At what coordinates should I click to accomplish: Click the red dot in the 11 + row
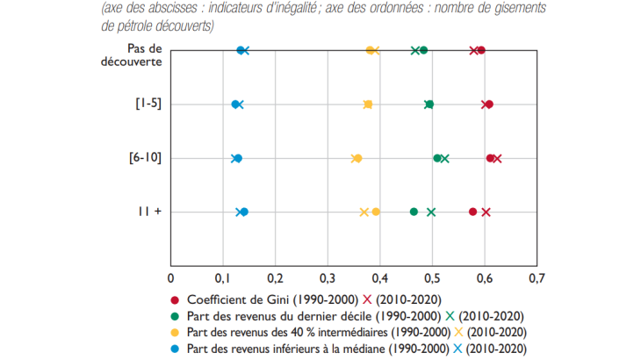tap(473, 212)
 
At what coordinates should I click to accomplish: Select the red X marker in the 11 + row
tap(486, 212)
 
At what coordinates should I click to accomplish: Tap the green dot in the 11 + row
tap(414, 212)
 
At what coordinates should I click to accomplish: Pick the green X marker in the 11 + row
tap(431, 212)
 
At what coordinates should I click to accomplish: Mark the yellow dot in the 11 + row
tap(376, 212)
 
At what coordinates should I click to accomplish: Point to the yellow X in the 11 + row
tap(364, 212)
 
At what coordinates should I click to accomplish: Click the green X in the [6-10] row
tap(445, 158)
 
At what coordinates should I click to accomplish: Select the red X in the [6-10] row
tap(498, 158)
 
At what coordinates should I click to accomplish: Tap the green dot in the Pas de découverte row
tap(424, 51)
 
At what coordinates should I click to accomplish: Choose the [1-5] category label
tap(147, 104)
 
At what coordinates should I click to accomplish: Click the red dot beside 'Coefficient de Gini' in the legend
tap(176, 299)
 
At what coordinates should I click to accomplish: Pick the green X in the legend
tap(449, 316)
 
